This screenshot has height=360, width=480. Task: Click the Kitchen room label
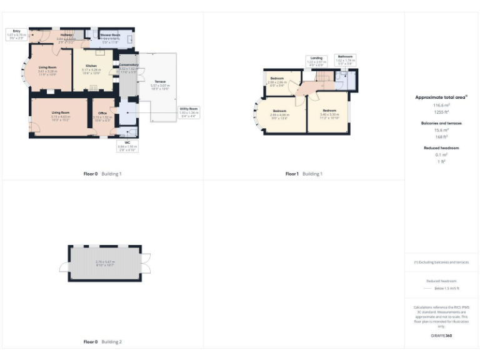tap(85, 66)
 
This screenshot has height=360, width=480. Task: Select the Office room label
tap(102, 114)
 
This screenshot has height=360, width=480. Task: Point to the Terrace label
tap(159, 81)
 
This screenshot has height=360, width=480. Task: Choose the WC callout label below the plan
tap(127, 146)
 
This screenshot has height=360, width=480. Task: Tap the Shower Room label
tap(111, 35)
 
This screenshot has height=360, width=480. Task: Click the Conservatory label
tap(128, 64)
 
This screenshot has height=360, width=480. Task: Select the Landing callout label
tap(316, 58)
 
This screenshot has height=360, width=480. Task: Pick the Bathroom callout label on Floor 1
tap(346, 58)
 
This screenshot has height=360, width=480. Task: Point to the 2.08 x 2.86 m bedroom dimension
tap(277, 82)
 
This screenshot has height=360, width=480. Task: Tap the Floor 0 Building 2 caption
tap(102, 342)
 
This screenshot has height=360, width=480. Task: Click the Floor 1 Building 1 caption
tap(304, 174)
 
